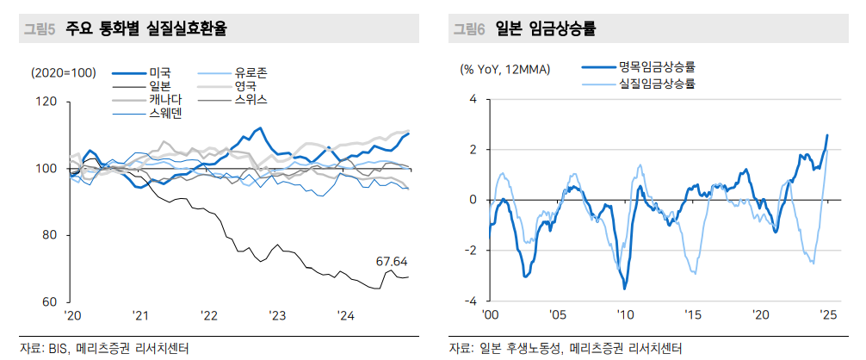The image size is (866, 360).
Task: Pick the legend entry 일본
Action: pos(160,86)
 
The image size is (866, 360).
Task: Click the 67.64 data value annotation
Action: pos(392,261)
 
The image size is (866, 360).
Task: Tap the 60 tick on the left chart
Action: pos(50,302)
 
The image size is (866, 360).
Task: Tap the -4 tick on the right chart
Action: pos(472,302)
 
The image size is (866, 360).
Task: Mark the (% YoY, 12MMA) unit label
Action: pos(506,69)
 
